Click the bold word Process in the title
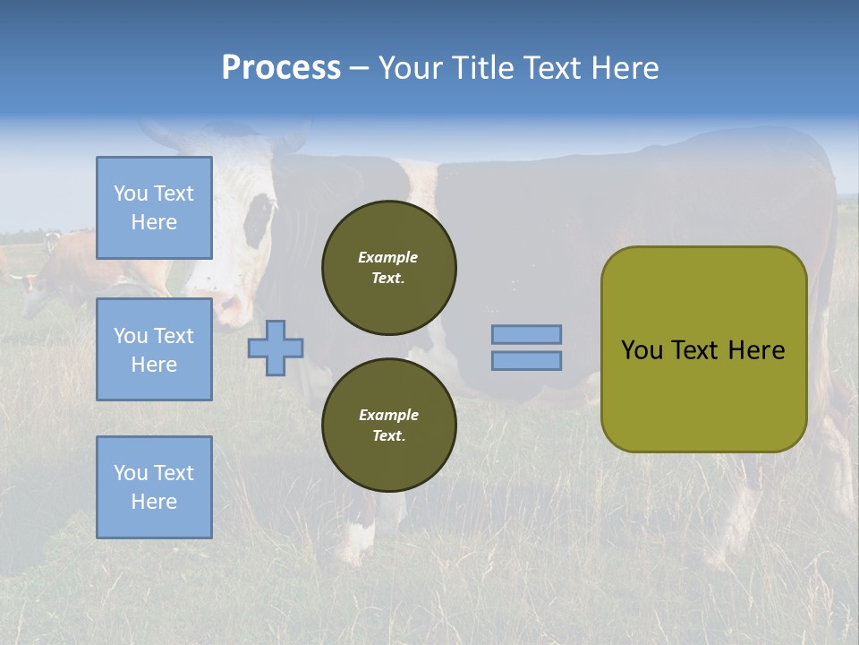coord(281,68)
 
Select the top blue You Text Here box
coord(154,208)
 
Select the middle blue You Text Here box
coord(154,349)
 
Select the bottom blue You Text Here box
coord(154,487)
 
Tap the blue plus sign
coord(276,348)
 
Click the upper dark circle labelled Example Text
coord(388,268)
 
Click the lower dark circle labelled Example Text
coord(388,426)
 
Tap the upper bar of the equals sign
coord(526,334)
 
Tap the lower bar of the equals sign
coord(526,360)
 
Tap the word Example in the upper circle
coord(387,257)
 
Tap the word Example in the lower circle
coord(388,415)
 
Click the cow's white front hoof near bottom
coord(358,542)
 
